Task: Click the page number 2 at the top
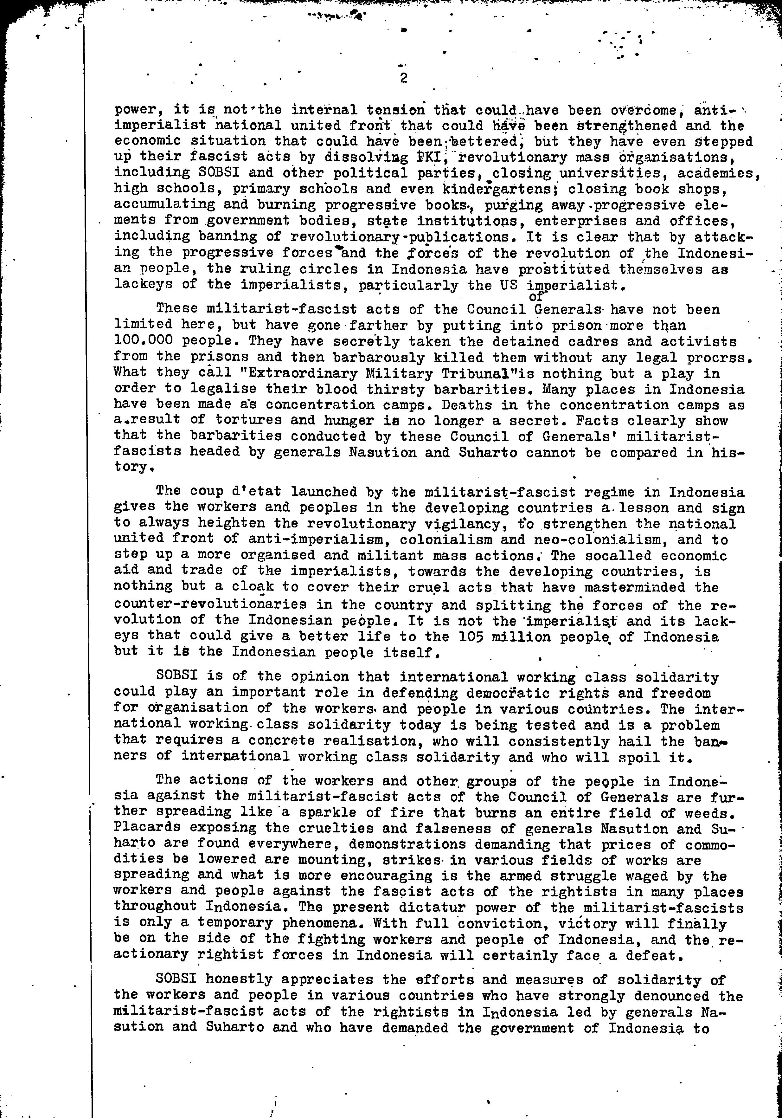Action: (x=403, y=78)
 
